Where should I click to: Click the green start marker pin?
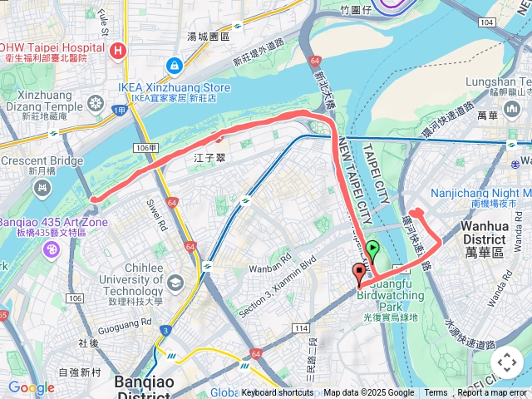[x=373, y=249]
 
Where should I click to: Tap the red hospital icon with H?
[x=120, y=51]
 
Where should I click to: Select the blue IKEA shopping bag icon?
[x=174, y=65]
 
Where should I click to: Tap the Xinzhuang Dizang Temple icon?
[x=95, y=103]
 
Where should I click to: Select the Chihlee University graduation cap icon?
[x=175, y=283]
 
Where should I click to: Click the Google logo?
[x=31, y=387]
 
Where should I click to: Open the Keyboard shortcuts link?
[x=278, y=393]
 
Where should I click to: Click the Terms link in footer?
[x=436, y=393]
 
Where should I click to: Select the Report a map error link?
[x=492, y=393]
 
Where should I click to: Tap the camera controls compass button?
[x=506, y=362]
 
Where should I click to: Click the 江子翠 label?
[x=204, y=157]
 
